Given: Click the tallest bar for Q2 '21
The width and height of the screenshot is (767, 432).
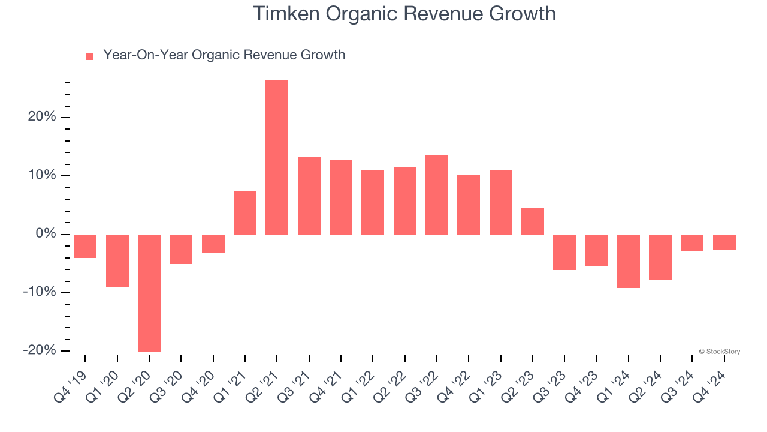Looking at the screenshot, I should point(277,157).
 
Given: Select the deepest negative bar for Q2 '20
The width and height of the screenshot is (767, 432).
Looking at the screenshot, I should point(149,293).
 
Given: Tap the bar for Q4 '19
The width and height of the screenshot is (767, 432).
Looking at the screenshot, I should point(85,246).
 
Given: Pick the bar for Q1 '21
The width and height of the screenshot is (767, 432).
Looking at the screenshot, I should point(245,212).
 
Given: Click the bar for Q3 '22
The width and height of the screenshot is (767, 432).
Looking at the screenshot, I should point(437,194).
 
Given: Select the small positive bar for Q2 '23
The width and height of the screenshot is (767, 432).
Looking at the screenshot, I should point(533,221).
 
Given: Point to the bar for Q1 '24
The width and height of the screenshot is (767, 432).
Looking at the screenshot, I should point(629,261).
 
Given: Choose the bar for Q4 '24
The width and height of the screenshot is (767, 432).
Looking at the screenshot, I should point(724,242).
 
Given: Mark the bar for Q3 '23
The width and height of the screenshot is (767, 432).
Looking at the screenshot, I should point(564,252).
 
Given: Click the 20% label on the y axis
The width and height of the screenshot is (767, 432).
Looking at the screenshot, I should point(42,117).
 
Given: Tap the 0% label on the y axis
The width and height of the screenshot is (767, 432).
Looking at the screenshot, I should point(46,234).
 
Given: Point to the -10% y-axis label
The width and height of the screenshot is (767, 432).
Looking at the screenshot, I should point(40,292).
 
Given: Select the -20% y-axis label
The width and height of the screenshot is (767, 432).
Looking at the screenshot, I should point(40,350).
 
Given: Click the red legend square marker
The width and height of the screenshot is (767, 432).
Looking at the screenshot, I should point(90,56).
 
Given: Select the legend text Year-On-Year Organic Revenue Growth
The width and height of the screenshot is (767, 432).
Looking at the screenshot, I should point(224,55).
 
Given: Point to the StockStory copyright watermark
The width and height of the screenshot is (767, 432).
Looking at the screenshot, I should point(719,352).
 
